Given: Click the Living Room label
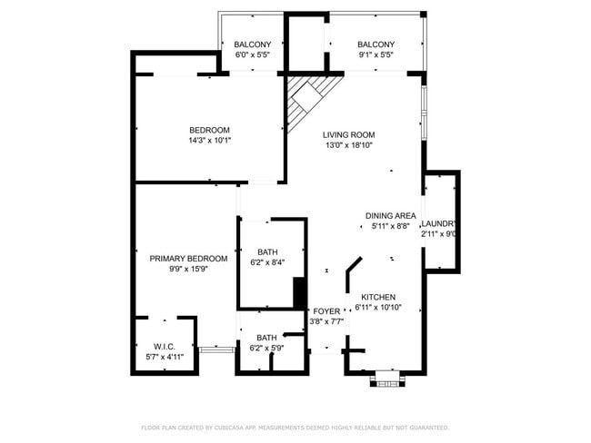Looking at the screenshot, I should (x=348, y=134).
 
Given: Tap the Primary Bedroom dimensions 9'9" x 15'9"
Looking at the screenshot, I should (x=188, y=270).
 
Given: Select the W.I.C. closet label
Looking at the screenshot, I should (x=165, y=346).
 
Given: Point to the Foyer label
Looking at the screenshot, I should (x=326, y=310).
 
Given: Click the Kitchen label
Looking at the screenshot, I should (x=378, y=298).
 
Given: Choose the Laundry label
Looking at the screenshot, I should (x=438, y=223).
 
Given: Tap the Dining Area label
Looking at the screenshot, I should (x=391, y=215).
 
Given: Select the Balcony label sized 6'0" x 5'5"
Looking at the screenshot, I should (x=252, y=44).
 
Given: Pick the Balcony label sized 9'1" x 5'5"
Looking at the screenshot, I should (x=376, y=44).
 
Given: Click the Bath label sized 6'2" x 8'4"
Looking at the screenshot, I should (x=267, y=252).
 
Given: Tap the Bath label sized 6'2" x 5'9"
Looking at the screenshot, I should (x=267, y=338).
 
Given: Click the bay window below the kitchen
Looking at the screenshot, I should (x=387, y=378).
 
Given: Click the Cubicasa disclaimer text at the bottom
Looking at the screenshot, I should (x=295, y=427).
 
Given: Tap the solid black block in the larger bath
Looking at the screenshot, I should (x=298, y=292).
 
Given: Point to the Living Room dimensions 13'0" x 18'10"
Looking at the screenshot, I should (x=348, y=145).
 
